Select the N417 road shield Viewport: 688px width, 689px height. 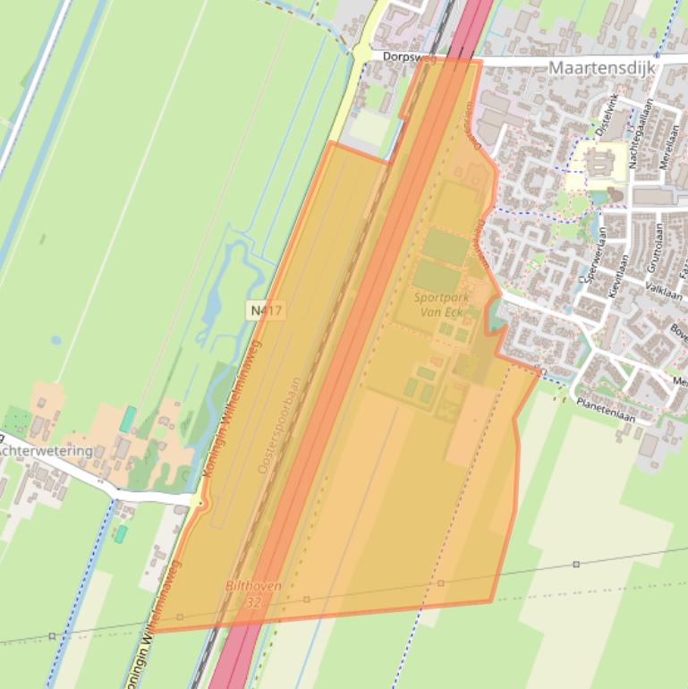coord(267,310)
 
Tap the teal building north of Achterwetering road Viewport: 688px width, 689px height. coord(128,419)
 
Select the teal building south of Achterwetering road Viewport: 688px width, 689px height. coord(121,533)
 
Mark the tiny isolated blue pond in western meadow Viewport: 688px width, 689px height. coord(56,340)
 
